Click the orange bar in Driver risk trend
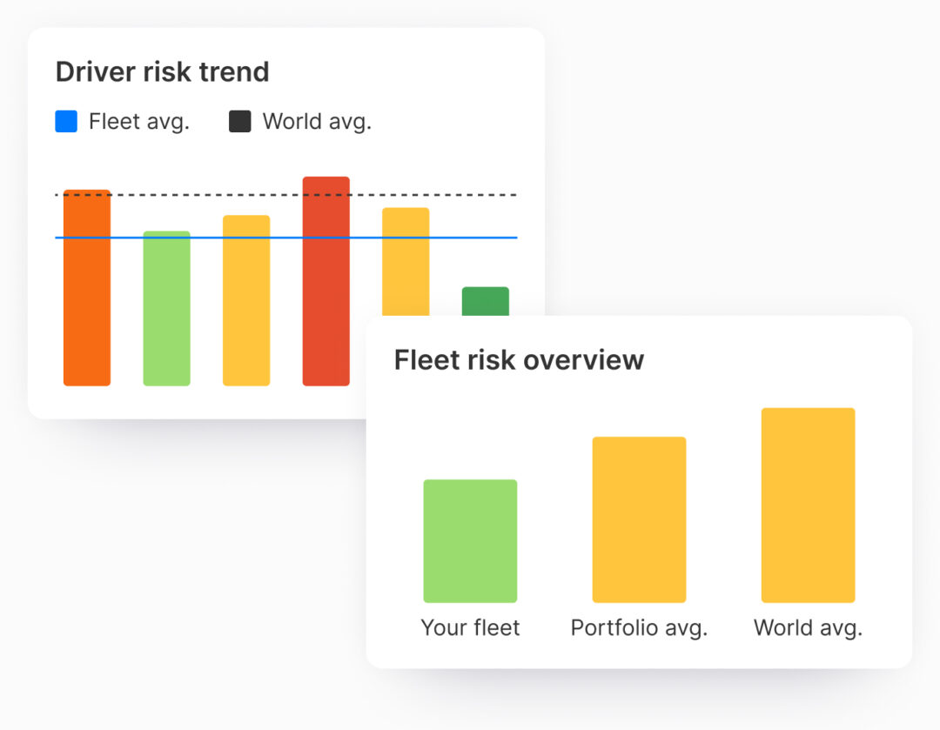click(x=87, y=296)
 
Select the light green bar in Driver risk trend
click(x=166, y=313)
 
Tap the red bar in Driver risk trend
click(x=326, y=287)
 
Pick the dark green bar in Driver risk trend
click(x=485, y=301)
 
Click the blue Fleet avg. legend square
click(x=66, y=122)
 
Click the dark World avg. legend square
click(x=239, y=122)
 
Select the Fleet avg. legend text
click(x=139, y=122)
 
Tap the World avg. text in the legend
click(x=317, y=122)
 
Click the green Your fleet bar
click(x=470, y=541)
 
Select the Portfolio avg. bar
click(x=639, y=519)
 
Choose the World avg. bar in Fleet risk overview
click(x=808, y=505)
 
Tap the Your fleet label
click(x=470, y=627)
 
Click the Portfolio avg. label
click(x=639, y=627)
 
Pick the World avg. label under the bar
click(x=808, y=627)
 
